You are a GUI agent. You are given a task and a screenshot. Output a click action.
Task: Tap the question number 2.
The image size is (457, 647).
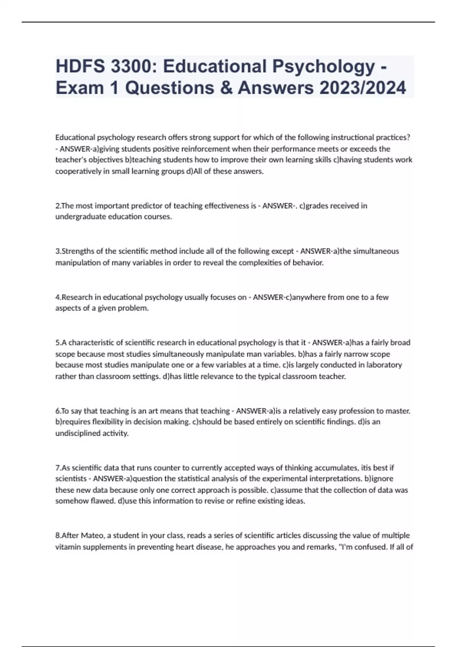[x=58, y=206]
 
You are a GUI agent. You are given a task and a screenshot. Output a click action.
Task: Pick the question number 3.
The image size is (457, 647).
[x=58, y=251]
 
